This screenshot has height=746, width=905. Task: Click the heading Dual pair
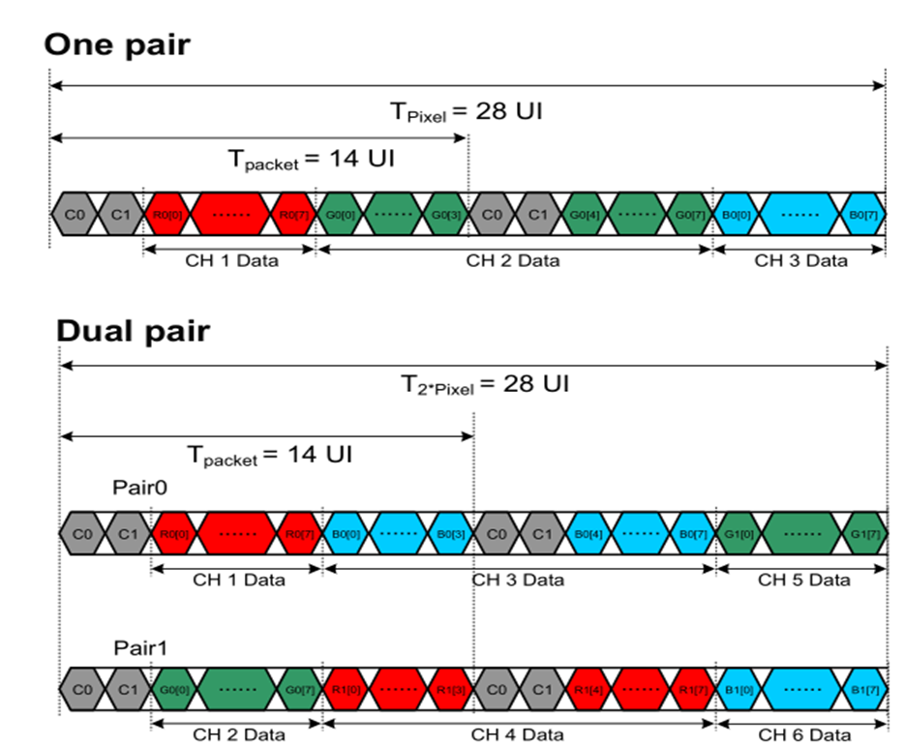click(x=133, y=331)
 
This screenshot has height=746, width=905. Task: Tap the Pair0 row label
click(x=139, y=490)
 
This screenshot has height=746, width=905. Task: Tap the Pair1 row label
click(x=139, y=646)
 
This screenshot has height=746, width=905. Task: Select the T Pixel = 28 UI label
click(x=466, y=111)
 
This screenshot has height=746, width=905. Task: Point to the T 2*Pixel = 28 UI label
click(x=485, y=384)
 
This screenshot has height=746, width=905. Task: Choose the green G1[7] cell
click(x=865, y=532)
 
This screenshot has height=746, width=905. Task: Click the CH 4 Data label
click(x=518, y=735)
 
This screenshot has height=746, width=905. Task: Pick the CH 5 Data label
click(x=803, y=580)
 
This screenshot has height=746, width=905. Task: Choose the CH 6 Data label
click(x=803, y=735)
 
